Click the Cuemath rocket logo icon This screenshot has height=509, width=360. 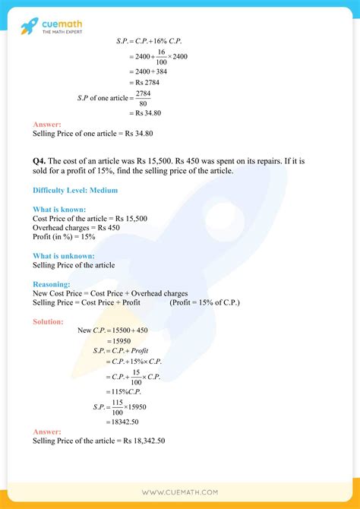click(30, 27)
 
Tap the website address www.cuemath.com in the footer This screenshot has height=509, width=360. click(180, 492)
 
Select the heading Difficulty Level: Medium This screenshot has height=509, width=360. click(75, 190)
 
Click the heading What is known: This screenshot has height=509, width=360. click(59, 209)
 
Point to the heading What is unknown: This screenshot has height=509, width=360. click(64, 255)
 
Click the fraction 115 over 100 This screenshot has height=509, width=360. click(117, 406)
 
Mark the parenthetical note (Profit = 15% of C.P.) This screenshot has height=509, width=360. click(205, 302)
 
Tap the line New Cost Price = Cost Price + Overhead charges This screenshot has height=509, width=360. click(110, 293)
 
